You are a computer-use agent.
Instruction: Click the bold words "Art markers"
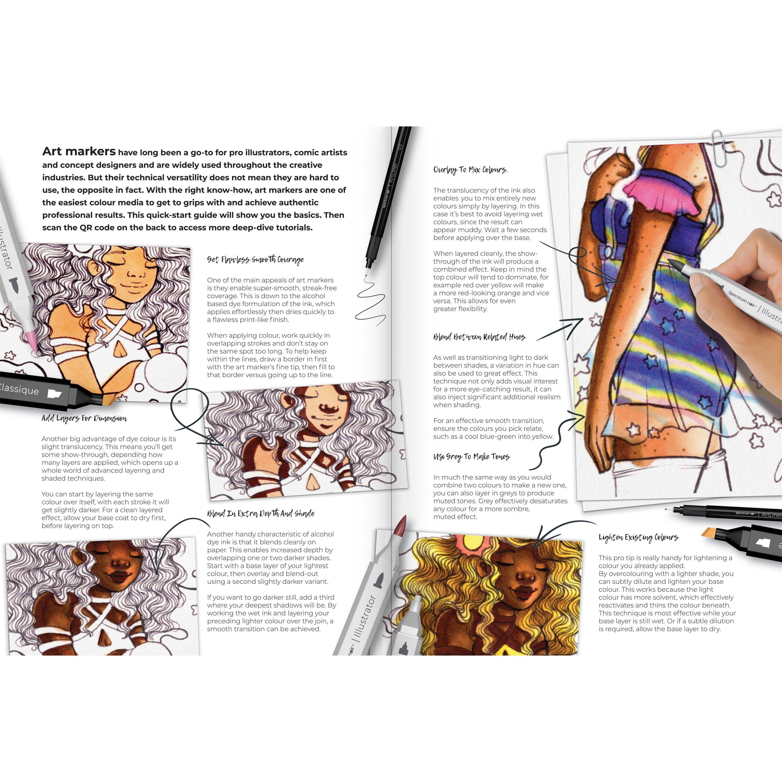(x=79, y=151)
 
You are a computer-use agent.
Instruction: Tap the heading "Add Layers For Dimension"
(x=84, y=418)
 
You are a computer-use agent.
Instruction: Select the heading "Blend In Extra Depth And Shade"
(x=261, y=514)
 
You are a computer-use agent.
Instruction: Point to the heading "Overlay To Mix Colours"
(x=470, y=170)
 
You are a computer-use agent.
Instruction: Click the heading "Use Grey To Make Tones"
(x=471, y=457)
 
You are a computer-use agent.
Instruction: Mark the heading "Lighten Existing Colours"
(x=638, y=537)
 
